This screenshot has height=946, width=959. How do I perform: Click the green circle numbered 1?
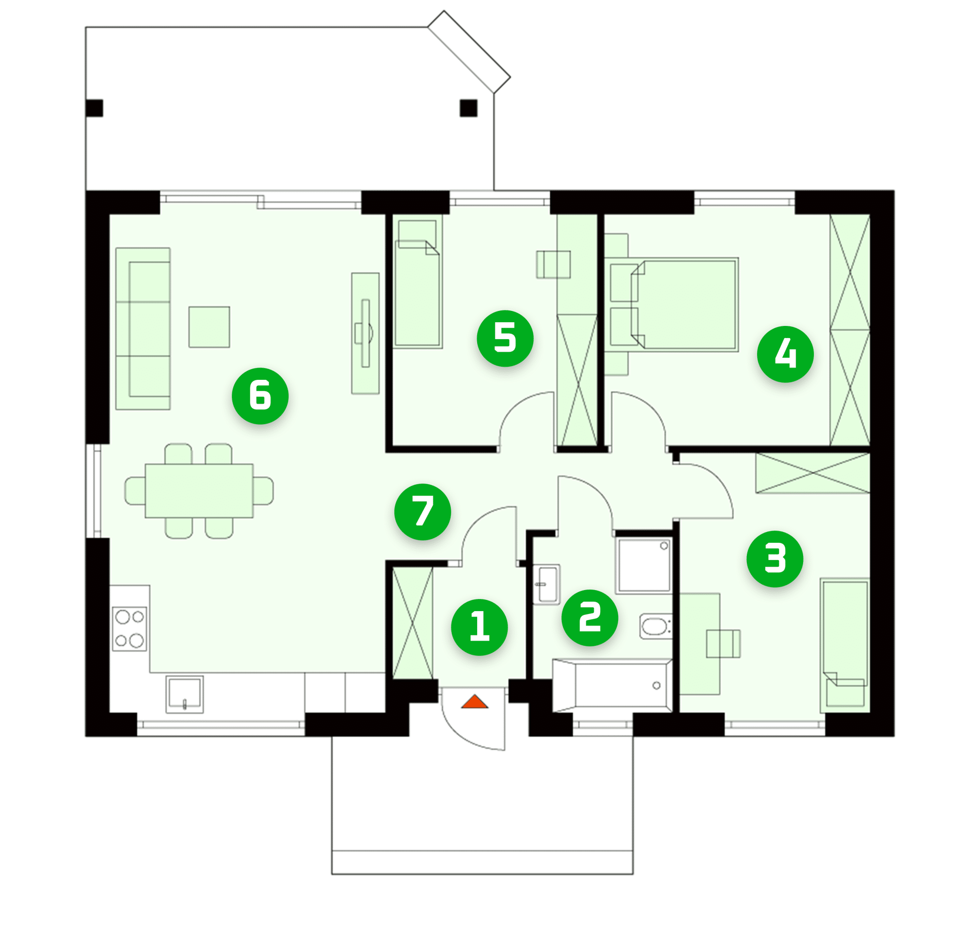pyautogui.click(x=479, y=627)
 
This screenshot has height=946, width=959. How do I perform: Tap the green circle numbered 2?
pyautogui.click(x=590, y=617)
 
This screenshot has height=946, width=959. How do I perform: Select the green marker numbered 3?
pyautogui.click(x=775, y=559)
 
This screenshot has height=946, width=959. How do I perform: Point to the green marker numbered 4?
pyautogui.click(x=785, y=354)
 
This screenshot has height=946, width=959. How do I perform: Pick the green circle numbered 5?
pyautogui.click(x=505, y=339)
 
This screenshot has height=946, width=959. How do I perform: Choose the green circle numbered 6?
pyautogui.click(x=260, y=396)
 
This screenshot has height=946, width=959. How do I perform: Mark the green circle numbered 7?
pyautogui.click(x=422, y=512)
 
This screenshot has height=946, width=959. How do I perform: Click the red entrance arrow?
pyautogui.click(x=474, y=702)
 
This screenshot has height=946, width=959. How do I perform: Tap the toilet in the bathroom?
pyautogui.click(x=655, y=626)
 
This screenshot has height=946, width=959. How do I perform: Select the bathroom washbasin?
pyautogui.click(x=546, y=584)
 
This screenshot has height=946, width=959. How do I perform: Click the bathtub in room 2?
pyautogui.click(x=613, y=686)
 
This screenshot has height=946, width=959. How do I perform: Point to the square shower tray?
pyautogui.click(x=644, y=565)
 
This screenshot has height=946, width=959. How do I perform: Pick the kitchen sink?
pyautogui.click(x=184, y=694)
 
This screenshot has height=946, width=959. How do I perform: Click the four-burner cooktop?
pyautogui.click(x=129, y=628)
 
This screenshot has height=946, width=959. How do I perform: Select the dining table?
pyautogui.click(x=199, y=490)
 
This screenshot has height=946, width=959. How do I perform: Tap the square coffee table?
pyautogui.click(x=209, y=326)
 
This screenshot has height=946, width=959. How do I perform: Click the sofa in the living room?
pyautogui.click(x=143, y=329)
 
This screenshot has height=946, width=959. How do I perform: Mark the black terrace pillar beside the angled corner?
pyautogui.click(x=468, y=108)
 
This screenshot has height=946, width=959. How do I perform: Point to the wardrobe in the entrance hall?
pyautogui.click(x=413, y=623)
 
